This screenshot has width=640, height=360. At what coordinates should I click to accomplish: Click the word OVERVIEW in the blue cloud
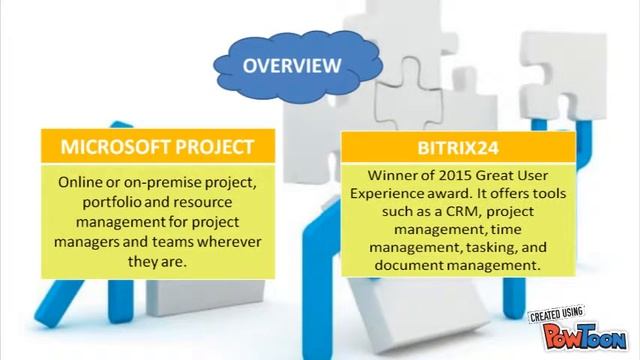pos(292,65)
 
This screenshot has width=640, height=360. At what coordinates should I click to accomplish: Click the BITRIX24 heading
pos(458,148)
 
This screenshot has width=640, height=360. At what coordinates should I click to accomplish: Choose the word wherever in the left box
pos(229,242)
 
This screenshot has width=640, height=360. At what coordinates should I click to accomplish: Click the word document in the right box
pos(409,265)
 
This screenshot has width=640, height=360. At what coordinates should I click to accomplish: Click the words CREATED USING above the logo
pos(556,314)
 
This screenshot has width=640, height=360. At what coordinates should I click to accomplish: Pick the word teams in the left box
pos(173,242)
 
